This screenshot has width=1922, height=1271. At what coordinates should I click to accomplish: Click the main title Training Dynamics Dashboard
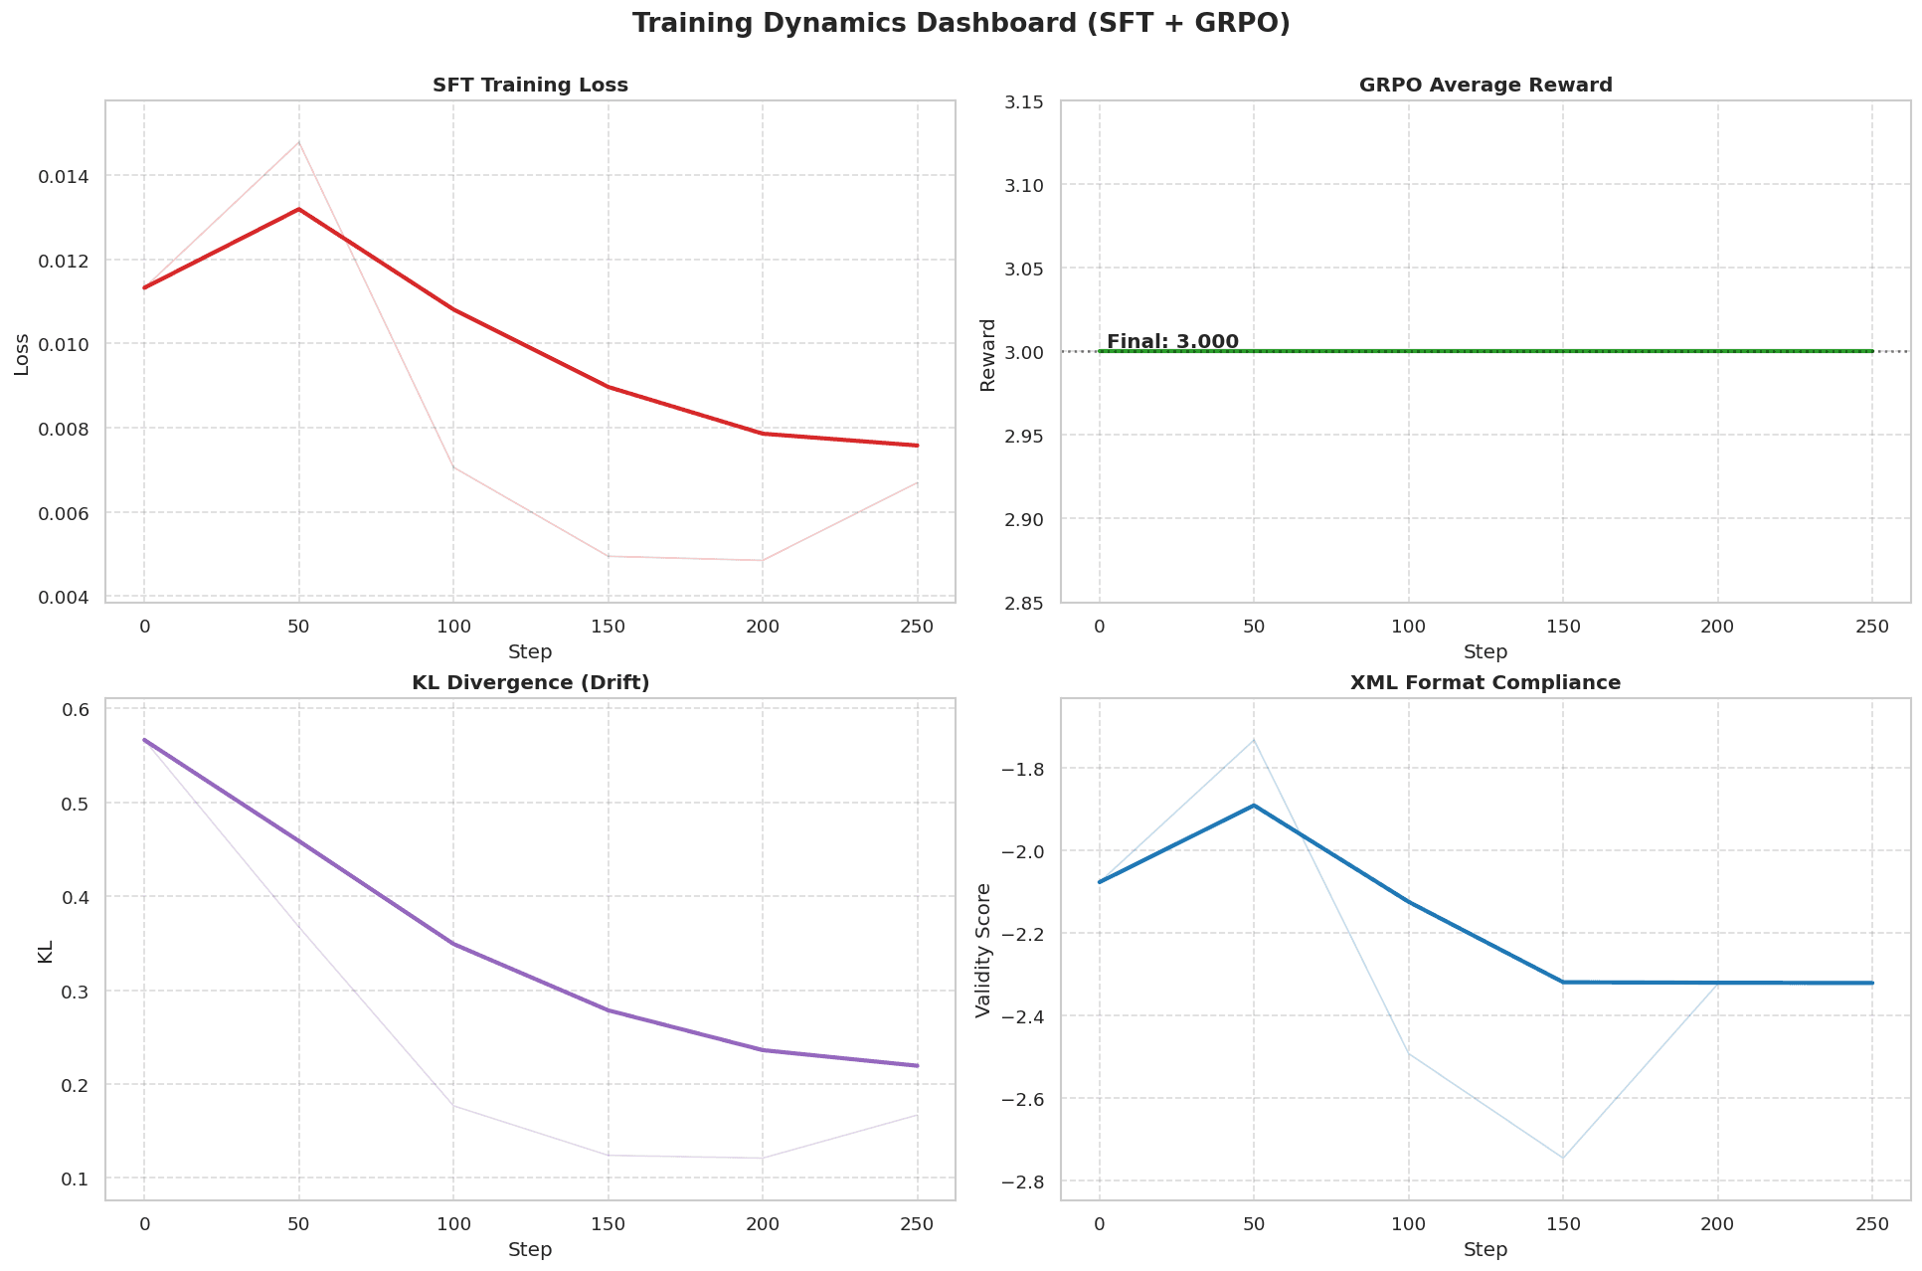tap(961, 24)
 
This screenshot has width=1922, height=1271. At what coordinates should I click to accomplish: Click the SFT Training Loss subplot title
tap(530, 86)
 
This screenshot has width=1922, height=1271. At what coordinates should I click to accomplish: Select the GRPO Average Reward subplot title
tap(1485, 86)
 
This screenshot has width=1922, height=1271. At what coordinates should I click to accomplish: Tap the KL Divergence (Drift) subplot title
tap(530, 683)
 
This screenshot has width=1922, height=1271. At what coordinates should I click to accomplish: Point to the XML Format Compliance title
tap(1485, 683)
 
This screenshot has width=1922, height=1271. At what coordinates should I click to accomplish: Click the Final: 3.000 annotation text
tap(1172, 342)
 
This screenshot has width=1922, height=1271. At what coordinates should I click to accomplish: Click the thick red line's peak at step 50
tap(298, 209)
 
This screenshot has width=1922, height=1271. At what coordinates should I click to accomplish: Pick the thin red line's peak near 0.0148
tap(298, 142)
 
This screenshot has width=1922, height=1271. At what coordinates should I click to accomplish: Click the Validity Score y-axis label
tap(983, 950)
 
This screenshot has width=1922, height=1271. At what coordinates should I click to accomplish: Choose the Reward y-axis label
tap(988, 354)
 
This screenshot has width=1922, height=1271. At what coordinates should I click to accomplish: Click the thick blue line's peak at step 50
tap(1254, 806)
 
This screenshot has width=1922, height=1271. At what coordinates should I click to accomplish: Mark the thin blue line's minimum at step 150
tap(1562, 1158)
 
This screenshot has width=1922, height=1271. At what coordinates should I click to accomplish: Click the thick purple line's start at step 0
tap(145, 740)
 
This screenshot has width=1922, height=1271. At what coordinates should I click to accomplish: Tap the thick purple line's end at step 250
tap(916, 1065)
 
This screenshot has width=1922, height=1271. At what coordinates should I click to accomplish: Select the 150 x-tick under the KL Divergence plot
tap(608, 1225)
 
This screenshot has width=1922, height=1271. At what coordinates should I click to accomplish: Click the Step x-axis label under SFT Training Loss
tap(530, 652)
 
